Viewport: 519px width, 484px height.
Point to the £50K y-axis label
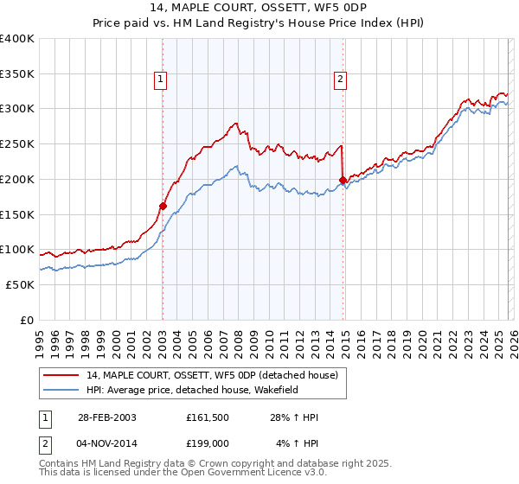click(20, 284)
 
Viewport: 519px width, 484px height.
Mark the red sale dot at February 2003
click(163, 206)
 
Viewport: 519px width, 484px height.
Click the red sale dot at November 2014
click(343, 180)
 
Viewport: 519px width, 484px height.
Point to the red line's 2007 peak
click(236, 124)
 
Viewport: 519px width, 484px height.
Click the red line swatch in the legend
click(63, 375)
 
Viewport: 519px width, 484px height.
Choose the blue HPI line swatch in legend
click(63, 390)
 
